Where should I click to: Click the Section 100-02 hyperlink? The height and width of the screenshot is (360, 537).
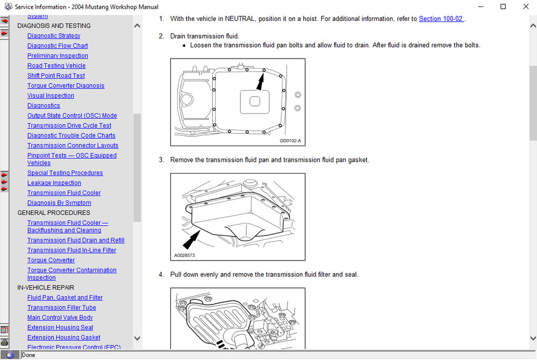(441, 19)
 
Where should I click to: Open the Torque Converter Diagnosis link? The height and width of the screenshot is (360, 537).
(66, 86)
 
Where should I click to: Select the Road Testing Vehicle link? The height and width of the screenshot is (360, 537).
(56, 66)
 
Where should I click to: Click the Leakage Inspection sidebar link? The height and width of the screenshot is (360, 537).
(54, 183)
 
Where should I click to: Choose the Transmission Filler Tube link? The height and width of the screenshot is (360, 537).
(62, 308)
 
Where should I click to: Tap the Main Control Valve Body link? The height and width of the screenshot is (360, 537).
(60, 318)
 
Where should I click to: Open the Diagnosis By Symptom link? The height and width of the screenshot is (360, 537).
(59, 203)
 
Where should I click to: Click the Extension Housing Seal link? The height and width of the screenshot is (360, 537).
(60, 328)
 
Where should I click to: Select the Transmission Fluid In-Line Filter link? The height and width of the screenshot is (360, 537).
(71, 250)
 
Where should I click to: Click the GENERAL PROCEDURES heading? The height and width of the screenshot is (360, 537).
(54, 213)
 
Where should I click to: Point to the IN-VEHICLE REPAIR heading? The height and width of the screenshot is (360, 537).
(46, 287)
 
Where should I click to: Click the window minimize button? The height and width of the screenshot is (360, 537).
(478, 7)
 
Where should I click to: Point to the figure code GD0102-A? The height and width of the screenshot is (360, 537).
(291, 141)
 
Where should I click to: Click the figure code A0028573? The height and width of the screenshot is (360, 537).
(185, 256)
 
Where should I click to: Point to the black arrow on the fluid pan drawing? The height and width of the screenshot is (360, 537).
(192, 238)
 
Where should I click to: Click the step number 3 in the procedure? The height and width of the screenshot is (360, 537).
(161, 160)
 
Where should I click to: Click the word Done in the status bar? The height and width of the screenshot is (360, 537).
(28, 355)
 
